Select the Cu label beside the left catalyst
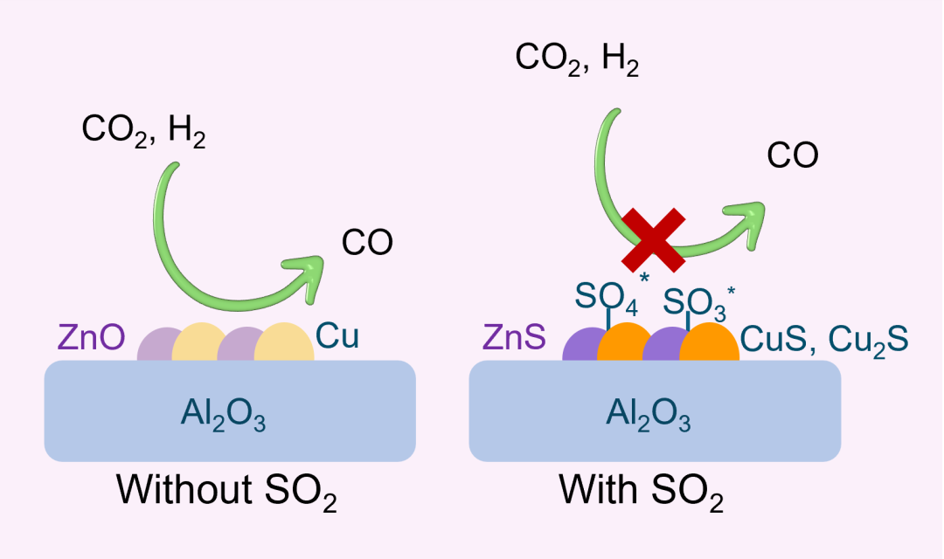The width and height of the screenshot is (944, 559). click(x=337, y=336)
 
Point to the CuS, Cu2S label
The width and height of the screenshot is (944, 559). click(x=824, y=339)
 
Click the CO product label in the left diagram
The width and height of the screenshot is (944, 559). click(x=367, y=243)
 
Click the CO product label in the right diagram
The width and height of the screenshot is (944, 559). click(x=792, y=155)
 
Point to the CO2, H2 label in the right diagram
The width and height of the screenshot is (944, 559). click(x=577, y=59)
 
